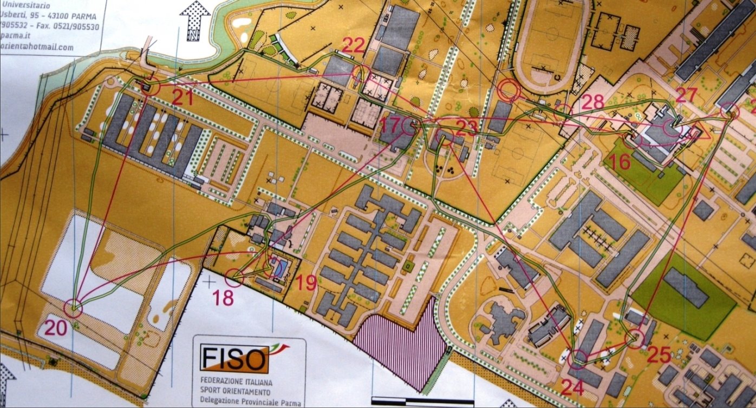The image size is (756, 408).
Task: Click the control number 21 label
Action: point(182,97)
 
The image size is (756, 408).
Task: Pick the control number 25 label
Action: point(659,355)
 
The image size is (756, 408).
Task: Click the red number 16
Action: point(621,161)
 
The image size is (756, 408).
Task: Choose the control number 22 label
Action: point(353,47)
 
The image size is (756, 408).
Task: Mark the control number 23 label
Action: point(467,127)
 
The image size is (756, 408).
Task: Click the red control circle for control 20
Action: point(73,308)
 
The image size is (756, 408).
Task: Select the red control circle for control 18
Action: point(234,278)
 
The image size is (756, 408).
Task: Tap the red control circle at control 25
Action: point(634,339)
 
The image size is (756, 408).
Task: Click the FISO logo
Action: point(234,358)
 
